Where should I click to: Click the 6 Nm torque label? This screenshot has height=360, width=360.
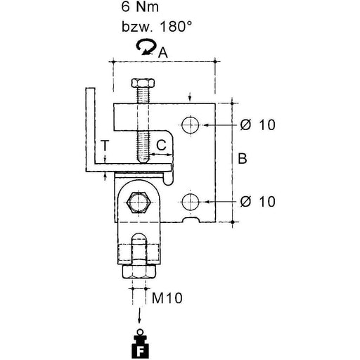point(140,6)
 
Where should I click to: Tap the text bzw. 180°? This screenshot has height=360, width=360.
point(157,26)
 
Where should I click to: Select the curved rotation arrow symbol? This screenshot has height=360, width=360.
point(146,47)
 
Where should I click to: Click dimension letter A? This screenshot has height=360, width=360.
point(163,53)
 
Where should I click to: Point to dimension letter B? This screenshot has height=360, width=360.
point(243,158)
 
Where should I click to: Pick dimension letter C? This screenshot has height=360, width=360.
point(161,145)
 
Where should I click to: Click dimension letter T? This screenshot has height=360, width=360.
point(105,146)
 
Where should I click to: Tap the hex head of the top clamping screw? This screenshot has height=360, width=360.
point(143,83)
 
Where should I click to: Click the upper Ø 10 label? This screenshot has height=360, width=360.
point(257,124)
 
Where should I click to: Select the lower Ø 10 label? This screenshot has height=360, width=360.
point(257,201)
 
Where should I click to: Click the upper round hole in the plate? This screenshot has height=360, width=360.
point(191,124)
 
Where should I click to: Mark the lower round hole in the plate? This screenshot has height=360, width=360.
point(191,202)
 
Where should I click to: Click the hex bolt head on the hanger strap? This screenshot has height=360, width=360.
point(138,202)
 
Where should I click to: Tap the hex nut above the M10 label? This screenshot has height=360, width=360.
point(139,272)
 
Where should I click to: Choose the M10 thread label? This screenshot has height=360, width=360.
point(167,298)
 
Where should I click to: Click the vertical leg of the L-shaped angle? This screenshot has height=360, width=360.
point(90,126)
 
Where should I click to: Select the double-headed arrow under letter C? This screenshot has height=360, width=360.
point(161,155)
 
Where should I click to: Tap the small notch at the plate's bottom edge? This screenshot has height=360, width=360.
point(191,220)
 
